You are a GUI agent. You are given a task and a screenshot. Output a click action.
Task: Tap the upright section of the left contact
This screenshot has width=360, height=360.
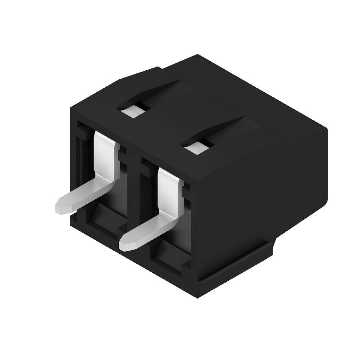[x=105, y=153]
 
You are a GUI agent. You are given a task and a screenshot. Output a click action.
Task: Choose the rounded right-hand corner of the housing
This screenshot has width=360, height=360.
[x=325, y=130]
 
